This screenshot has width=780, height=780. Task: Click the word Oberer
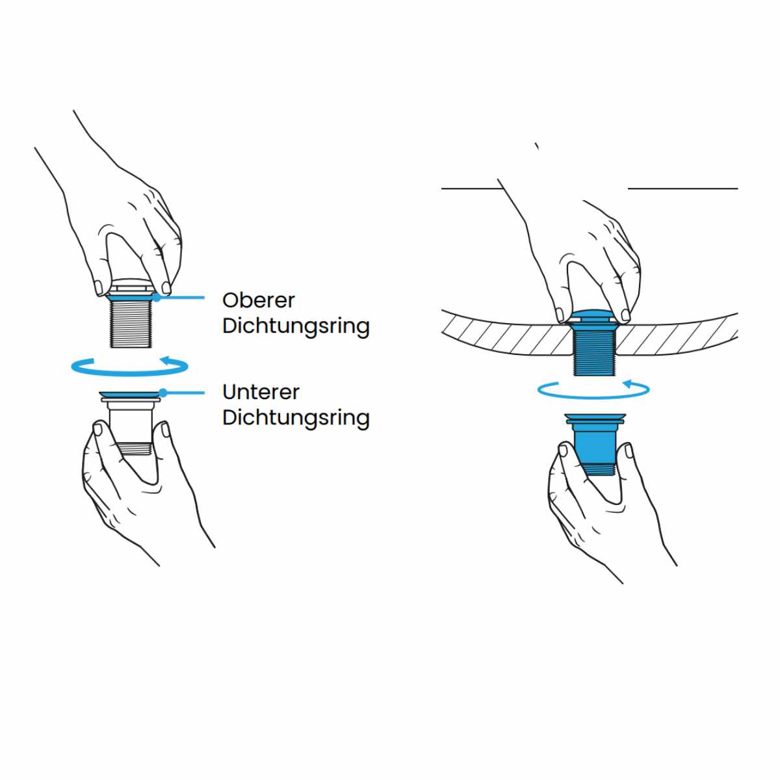coord(258,300)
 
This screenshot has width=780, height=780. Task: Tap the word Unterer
coord(261,392)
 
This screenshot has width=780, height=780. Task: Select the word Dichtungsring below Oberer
coord(296,325)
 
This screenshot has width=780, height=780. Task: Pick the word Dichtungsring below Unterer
coord(296,417)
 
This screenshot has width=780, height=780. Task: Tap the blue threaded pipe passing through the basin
coord(593,351)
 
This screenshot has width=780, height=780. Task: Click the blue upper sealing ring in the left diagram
coord(131,298)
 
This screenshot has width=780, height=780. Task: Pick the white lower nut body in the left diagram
coord(131,422)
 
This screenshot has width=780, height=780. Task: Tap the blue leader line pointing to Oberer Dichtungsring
coord(182,298)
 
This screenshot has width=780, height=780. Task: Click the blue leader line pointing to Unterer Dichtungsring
coord(185,393)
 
